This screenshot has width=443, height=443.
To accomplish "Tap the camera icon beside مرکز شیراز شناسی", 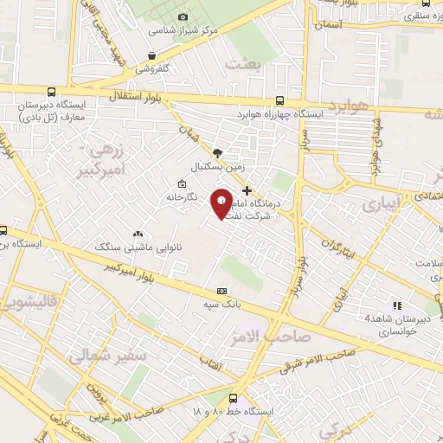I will pyautogui.click(x=183, y=16).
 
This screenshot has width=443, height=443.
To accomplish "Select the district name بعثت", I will pyautogui.click(x=241, y=64).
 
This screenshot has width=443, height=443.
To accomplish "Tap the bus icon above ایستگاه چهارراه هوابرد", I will pyautogui.click(x=279, y=100).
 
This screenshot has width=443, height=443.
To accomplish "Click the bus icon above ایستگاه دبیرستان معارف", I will pyautogui.click(x=51, y=91).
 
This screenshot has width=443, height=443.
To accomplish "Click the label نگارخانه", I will pyautogui.click(x=183, y=197).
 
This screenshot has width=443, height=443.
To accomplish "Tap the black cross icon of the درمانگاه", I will pyautogui.click(x=247, y=189).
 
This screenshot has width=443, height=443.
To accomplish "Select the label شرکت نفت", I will pyautogui.click(x=245, y=217).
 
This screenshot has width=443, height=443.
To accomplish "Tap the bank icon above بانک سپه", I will pyautogui.click(x=222, y=291).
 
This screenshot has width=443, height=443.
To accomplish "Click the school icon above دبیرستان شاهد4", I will pyautogui.click(x=396, y=305).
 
